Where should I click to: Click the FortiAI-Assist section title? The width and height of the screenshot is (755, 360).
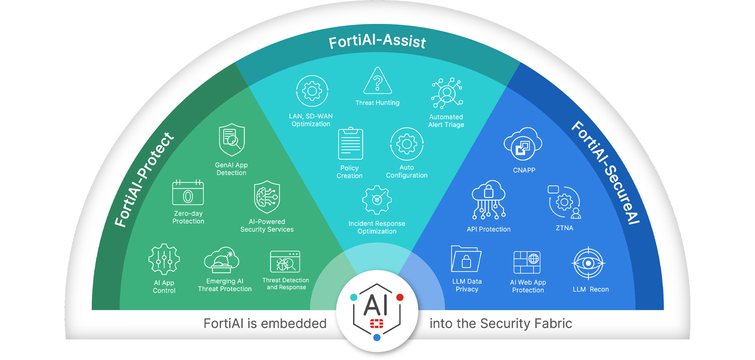(377, 41)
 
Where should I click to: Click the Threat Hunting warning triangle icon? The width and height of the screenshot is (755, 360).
(377, 81)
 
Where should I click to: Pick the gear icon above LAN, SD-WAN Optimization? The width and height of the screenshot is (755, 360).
(312, 91)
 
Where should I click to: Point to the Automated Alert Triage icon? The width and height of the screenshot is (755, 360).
(447, 93)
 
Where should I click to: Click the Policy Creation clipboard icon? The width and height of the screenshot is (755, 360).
(350, 144)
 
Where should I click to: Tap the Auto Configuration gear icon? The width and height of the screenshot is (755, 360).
(406, 144)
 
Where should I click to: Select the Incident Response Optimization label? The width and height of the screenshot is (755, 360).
(377, 227)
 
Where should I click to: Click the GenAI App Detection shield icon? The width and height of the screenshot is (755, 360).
(232, 140)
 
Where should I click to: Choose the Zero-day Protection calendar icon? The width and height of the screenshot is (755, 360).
(188, 193)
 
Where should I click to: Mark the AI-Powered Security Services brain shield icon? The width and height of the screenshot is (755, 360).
(267, 197)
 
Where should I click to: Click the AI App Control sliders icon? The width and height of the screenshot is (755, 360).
(164, 259)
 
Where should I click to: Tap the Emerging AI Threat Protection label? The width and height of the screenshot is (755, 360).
(225, 285)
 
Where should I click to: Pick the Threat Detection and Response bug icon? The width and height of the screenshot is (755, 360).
(285, 262)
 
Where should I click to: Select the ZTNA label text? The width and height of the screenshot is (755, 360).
(564, 228)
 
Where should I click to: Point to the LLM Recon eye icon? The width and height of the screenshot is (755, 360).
(588, 263)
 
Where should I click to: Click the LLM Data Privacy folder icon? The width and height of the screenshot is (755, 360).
(466, 259)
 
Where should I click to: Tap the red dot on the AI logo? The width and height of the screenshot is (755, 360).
(400, 297)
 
